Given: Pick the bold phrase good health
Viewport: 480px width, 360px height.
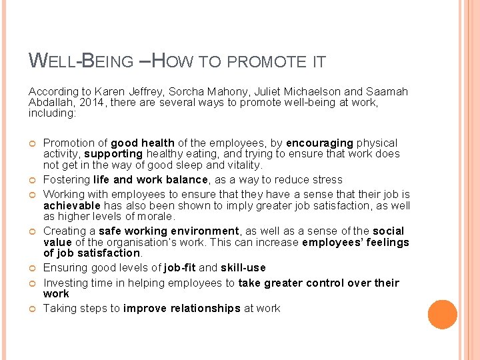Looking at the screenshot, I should pos(143,143).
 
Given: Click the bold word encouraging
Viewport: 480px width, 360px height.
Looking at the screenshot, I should pos(319,143).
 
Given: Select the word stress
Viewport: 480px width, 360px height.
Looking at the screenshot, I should pos(327,179).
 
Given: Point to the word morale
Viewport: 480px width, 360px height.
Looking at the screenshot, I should pos(154,216).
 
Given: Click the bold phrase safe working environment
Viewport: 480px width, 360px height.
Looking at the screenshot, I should pos(169,231).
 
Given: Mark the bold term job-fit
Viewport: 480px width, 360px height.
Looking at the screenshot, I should pos(180,267).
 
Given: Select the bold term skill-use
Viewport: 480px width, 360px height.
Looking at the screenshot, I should pos(243,267).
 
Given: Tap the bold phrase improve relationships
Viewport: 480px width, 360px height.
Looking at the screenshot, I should pos(182,308).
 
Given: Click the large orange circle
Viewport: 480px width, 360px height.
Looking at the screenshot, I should pos(442,315).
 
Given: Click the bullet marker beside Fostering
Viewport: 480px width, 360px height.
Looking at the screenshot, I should pos(33,180).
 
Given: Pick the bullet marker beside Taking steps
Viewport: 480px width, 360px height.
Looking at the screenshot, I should pos(33,309).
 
